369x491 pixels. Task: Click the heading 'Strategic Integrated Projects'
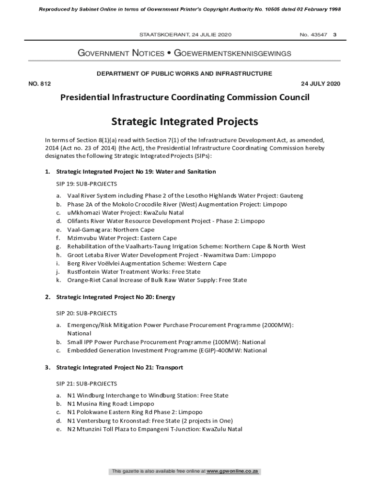(x=184, y=121)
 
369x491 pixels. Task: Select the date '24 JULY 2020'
(x=320, y=84)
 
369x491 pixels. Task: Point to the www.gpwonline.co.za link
(x=233, y=472)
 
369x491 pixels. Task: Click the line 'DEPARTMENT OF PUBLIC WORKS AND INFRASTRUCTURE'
(x=184, y=74)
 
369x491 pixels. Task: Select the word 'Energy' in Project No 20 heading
(x=165, y=297)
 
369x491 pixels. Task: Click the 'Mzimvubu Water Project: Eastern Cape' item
(x=122, y=238)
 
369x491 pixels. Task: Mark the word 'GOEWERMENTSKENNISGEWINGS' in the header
(x=232, y=54)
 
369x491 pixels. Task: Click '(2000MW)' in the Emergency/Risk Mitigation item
(x=277, y=325)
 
